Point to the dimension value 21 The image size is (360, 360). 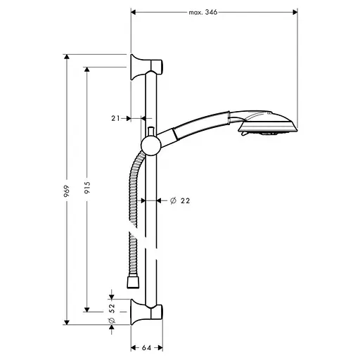pyautogui.click(x=117, y=119)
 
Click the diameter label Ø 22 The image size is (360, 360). pyautogui.click(x=181, y=201)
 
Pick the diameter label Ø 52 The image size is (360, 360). pyautogui.click(x=110, y=314)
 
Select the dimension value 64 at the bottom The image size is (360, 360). pyautogui.click(x=146, y=347)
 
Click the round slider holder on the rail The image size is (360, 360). pyautogui.click(x=150, y=146)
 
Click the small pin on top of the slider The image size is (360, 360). pyautogui.click(x=150, y=131)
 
